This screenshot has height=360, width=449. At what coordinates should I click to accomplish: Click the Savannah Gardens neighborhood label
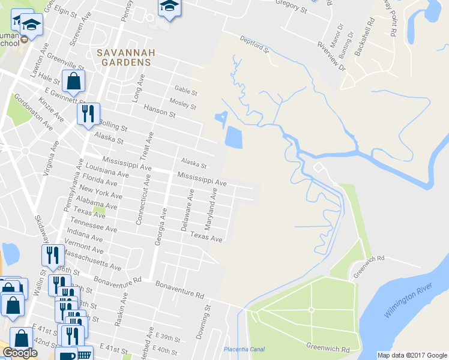(126, 57)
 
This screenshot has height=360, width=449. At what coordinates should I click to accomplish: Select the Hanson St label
(159, 110)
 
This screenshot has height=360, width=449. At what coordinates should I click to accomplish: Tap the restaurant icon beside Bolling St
(88, 114)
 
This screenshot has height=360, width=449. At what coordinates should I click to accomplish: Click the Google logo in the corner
(20, 352)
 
